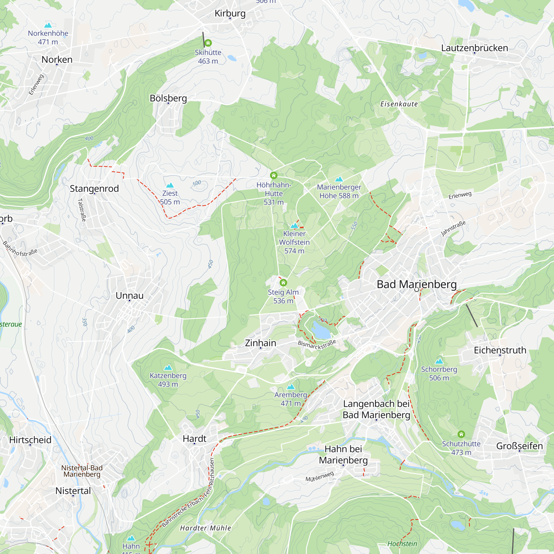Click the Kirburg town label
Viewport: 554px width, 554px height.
(230, 13)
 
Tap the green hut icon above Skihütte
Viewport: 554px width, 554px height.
(208, 43)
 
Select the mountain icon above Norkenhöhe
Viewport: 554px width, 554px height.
(48, 25)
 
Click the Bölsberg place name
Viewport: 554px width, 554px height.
(168, 98)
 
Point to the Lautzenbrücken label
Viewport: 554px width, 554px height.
(474, 48)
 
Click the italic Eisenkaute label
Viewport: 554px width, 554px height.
(399, 104)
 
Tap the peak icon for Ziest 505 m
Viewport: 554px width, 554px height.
(170, 185)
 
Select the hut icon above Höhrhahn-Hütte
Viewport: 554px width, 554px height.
(274, 175)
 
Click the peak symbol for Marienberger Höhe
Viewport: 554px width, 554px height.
(339, 179)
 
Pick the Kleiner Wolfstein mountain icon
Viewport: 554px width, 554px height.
(294, 225)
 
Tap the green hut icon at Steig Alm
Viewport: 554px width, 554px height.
(283, 283)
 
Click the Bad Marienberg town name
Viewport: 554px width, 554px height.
(416, 284)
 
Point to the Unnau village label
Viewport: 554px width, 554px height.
(130, 295)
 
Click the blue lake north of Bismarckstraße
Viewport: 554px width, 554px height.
(321, 331)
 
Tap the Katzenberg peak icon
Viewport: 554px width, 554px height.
(168, 367)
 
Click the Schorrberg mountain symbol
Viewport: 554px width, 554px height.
(439, 361)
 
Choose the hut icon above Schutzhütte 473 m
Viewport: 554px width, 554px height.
(461, 434)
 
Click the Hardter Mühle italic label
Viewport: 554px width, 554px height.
(205, 528)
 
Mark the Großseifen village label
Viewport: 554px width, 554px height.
(519, 446)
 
